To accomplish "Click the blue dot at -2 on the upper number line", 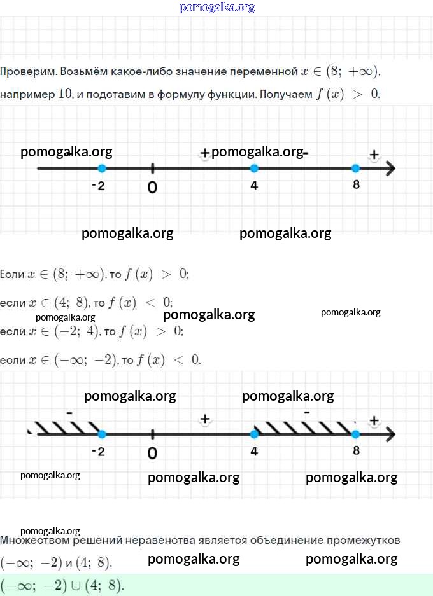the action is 102,169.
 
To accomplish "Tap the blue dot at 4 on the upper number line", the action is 254,169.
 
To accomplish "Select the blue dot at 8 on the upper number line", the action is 355,169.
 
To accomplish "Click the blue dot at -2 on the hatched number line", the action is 102,434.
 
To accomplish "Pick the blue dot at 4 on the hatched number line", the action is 254,434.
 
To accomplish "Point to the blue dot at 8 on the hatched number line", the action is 355,434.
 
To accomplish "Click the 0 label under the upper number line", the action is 152,188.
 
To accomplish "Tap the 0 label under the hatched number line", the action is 152,453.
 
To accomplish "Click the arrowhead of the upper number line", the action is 391,169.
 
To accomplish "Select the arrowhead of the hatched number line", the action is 391,434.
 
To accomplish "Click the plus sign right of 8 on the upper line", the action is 374,155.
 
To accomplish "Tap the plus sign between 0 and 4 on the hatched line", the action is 205,419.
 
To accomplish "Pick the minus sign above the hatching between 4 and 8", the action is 307,412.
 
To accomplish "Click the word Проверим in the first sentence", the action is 29,72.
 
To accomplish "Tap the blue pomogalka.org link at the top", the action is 217,8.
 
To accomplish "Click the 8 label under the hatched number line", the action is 356,450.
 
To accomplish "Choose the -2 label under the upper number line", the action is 98,186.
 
